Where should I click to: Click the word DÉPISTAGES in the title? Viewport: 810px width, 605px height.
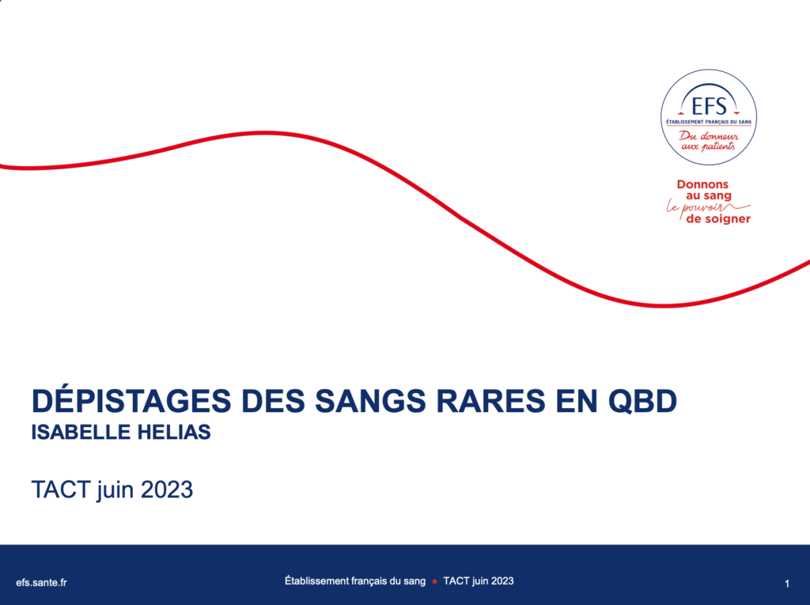pyautogui.click(x=131, y=399)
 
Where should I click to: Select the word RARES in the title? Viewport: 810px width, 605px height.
pyautogui.click(x=490, y=401)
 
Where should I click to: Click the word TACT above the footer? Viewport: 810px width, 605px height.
pyautogui.click(x=61, y=490)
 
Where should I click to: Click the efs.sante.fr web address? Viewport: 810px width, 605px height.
pyautogui.click(x=41, y=582)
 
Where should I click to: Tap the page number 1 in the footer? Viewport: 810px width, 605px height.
pyautogui.click(x=787, y=584)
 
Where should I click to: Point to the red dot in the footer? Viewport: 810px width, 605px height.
pyautogui.click(x=434, y=581)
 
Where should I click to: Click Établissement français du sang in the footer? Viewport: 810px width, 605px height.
pyautogui.click(x=355, y=580)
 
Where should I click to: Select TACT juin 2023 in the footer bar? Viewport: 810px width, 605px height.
pyautogui.click(x=479, y=580)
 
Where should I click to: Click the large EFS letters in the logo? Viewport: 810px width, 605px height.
pyautogui.click(x=709, y=107)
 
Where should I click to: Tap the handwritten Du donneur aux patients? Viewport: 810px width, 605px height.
pyautogui.click(x=708, y=141)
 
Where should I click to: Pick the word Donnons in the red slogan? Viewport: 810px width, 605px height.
pyautogui.click(x=702, y=184)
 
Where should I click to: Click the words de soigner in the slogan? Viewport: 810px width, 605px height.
pyautogui.click(x=718, y=219)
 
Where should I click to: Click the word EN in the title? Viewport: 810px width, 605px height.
pyautogui.click(x=576, y=401)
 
